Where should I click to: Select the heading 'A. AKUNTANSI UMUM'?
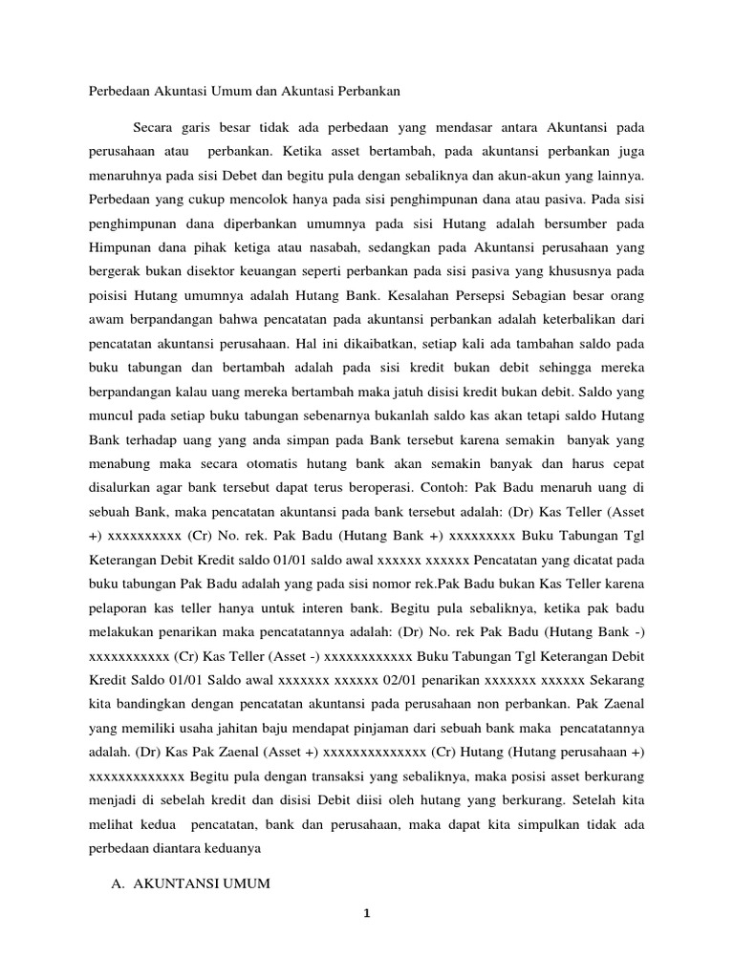[191, 883]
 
